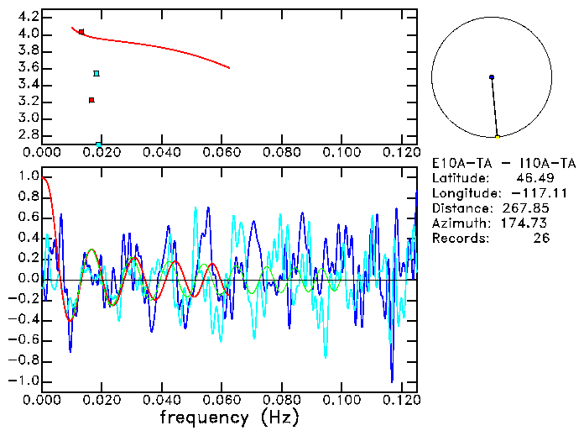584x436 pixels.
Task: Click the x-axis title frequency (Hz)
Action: [229, 417]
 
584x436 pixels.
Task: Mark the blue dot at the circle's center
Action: [492, 77]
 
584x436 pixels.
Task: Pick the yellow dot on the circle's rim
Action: [498, 137]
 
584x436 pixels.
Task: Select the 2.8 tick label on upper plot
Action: [27, 135]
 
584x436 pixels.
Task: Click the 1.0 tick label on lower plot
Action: [27, 177]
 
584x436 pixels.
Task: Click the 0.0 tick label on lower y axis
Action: [27, 279]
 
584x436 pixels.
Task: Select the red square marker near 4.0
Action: [81, 32]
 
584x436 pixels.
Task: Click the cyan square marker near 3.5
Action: [96, 74]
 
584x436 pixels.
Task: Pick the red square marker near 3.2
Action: [91, 100]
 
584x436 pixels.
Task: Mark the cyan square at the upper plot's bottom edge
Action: [99, 144]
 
